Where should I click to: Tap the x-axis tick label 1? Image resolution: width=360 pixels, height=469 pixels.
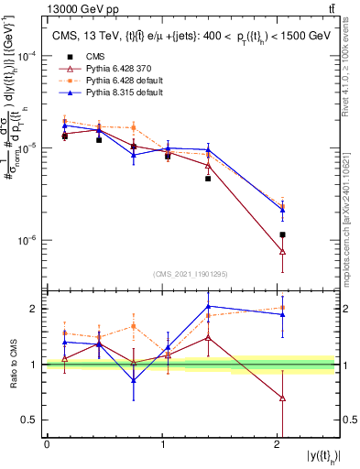click(163, 445)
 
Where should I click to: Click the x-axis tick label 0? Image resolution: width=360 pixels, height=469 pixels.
click(47, 445)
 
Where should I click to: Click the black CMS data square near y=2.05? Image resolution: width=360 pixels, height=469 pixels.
click(283, 235)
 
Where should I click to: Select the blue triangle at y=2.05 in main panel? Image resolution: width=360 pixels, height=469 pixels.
click(283, 210)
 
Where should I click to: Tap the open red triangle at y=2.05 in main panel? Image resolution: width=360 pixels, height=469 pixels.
click(283, 251)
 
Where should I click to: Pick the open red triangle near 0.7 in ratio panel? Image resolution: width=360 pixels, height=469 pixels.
click(283, 398)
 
